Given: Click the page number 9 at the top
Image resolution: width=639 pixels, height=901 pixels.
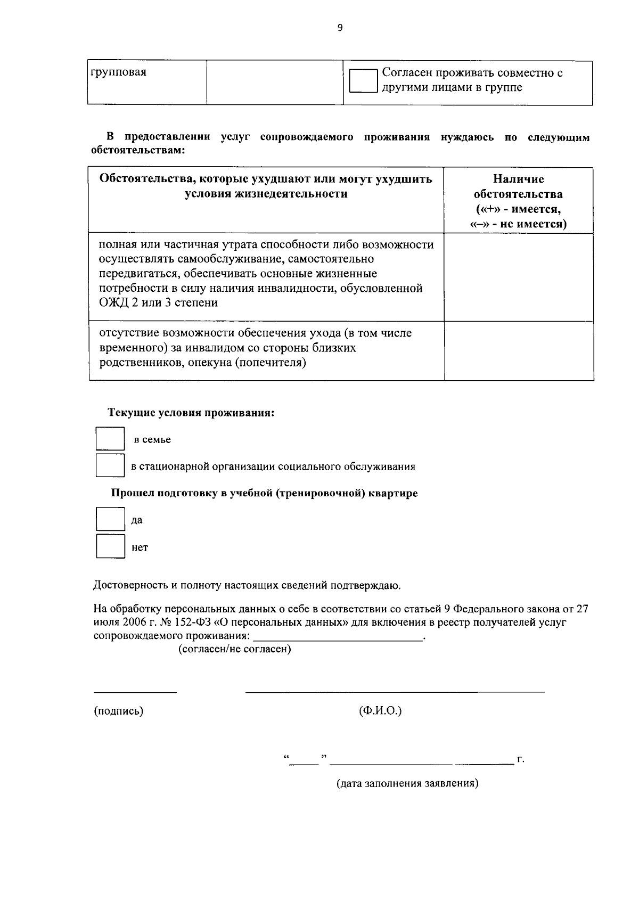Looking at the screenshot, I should click(x=340, y=28).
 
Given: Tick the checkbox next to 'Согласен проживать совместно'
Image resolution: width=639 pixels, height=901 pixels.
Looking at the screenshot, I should click(x=363, y=81).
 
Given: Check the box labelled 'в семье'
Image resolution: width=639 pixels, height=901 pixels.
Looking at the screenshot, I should click(x=110, y=439).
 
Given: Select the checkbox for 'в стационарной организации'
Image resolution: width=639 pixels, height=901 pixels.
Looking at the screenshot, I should click(x=110, y=466).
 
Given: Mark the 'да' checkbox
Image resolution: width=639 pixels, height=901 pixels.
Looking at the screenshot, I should click(x=110, y=519).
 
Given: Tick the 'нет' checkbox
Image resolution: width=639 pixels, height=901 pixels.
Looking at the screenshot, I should click(x=110, y=546).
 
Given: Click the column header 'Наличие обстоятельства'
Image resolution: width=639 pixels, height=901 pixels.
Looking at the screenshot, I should click(x=518, y=186).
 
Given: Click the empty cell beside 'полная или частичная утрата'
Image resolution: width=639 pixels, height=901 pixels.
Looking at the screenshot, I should click(x=518, y=277).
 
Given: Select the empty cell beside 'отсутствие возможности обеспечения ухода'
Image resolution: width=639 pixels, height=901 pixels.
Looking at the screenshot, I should click(x=518, y=350).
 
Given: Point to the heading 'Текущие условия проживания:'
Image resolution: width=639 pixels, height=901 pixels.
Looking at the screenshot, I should click(x=191, y=413).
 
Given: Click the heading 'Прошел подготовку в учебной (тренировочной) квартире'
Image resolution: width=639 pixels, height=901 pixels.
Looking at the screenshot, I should click(x=264, y=493).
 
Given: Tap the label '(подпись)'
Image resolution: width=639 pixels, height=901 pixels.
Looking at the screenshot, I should click(x=118, y=711).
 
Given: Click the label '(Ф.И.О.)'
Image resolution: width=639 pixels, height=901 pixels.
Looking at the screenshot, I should click(x=380, y=711).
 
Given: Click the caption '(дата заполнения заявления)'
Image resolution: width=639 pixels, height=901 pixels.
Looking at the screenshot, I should click(x=407, y=784).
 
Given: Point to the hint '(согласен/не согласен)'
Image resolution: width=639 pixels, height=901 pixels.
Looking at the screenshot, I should click(x=234, y=650).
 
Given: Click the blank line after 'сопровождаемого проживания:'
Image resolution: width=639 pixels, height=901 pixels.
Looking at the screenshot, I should click(x=338, y=637).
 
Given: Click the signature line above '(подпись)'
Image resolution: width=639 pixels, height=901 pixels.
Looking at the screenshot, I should click(x=135, y=692).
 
